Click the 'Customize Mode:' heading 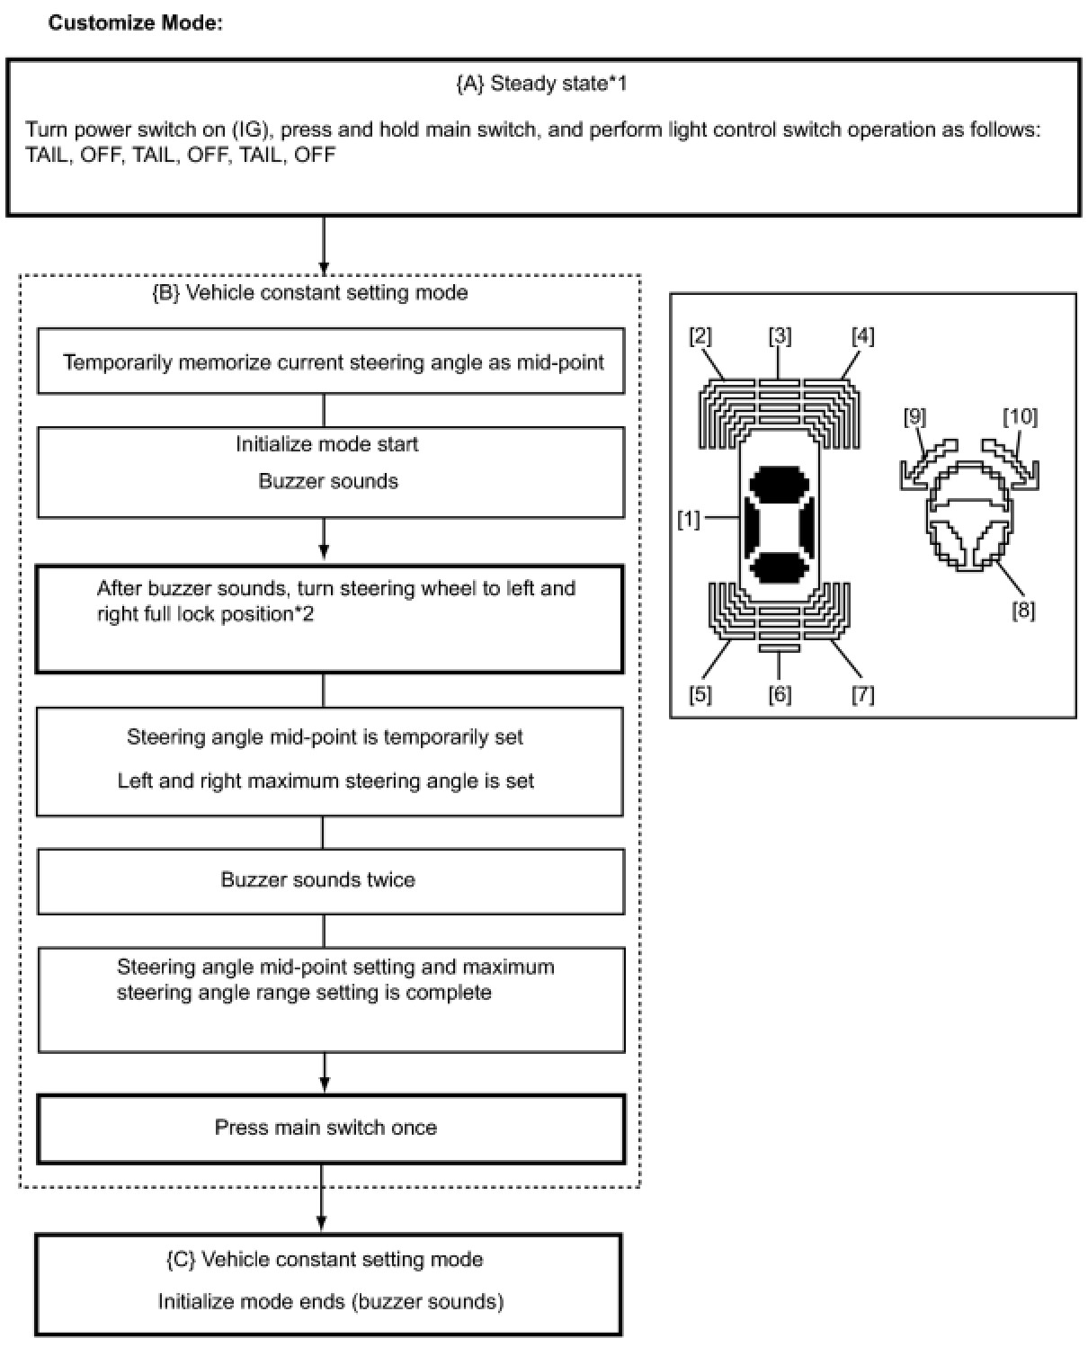135,22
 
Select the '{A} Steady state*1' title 541,84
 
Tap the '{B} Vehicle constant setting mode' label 309,292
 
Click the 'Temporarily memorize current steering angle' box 332,362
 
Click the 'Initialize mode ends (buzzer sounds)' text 330,1301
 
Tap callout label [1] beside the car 688,520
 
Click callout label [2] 700,336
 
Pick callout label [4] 862,336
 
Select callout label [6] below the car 780,694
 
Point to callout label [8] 1023,611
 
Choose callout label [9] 914,417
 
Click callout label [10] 1020,417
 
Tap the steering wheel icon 969,520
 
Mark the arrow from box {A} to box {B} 324,245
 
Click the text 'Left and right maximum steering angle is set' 326,781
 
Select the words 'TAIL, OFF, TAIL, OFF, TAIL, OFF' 180,155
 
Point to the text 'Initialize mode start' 326,444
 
